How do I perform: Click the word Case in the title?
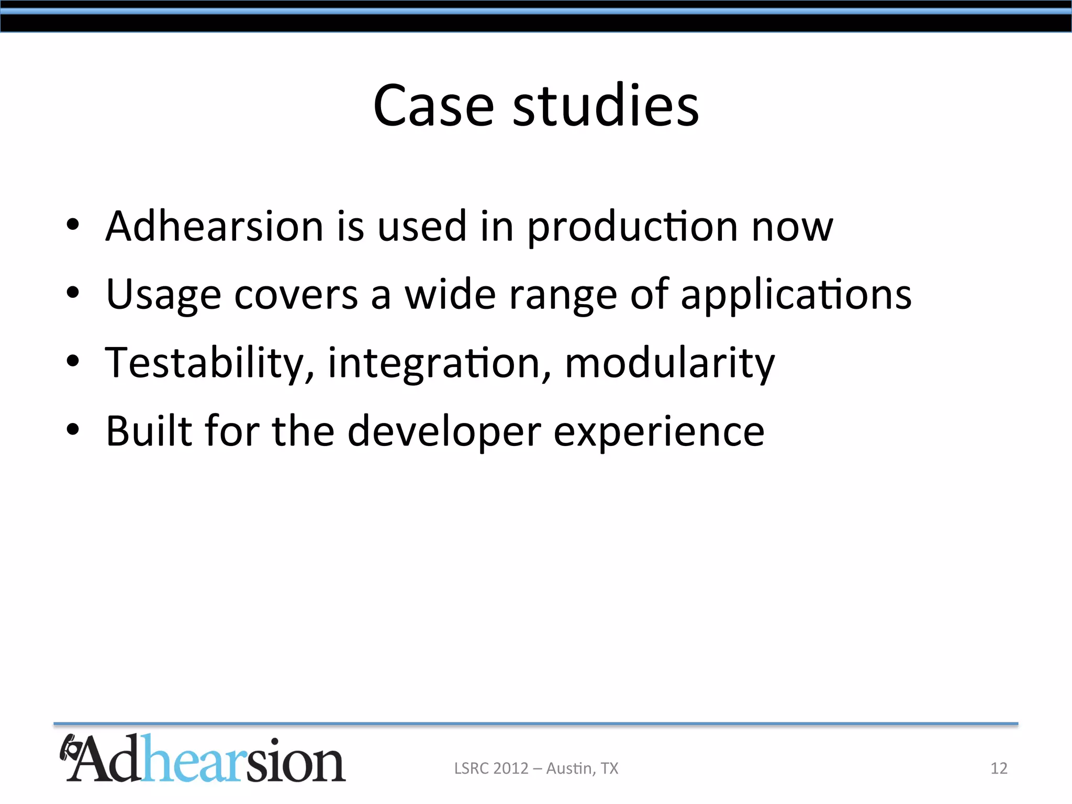[433, 106]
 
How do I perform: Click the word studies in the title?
[606, 106]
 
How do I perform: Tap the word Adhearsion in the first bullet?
[215, 226]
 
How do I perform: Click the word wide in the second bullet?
[450, 295]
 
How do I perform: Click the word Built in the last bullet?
[149, 431]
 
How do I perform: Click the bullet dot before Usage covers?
[73, 293]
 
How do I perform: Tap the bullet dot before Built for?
[73, 429]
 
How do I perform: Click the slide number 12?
[999, 768]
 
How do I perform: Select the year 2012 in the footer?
[511, 768]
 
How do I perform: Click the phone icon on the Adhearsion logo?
[70, 749]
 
